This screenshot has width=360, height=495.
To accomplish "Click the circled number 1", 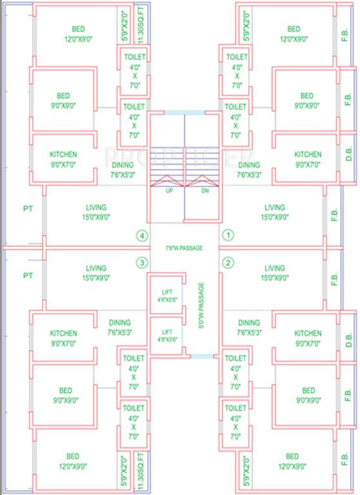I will [227, 236].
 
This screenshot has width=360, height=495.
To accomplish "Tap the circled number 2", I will [227, 262].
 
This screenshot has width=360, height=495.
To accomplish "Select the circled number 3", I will [141, 262].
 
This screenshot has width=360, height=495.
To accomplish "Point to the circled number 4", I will [141, 236].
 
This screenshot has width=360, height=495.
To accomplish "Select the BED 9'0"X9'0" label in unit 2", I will [308, 395].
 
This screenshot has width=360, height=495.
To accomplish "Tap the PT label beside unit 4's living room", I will [28, 209].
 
